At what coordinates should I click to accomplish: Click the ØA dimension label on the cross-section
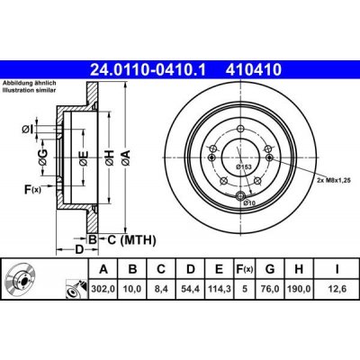coord(125,157)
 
